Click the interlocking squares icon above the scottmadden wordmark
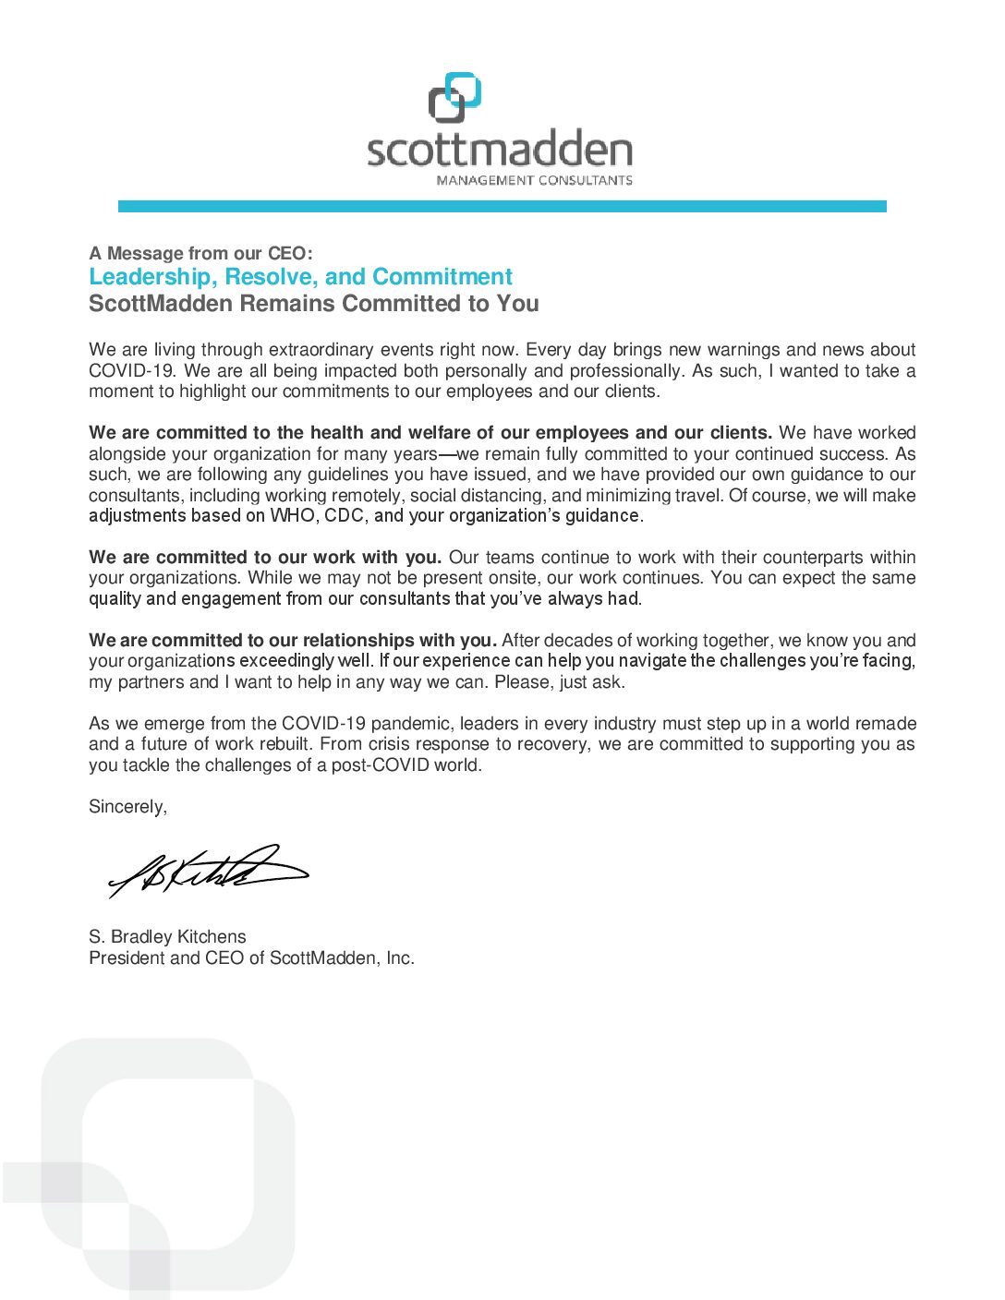tap(454, 98)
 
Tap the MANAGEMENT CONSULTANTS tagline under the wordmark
tap(534, 180)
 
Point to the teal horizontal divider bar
tap(502, 207)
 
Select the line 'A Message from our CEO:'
tap(200, 253)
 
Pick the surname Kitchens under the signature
tap(212, 937)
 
